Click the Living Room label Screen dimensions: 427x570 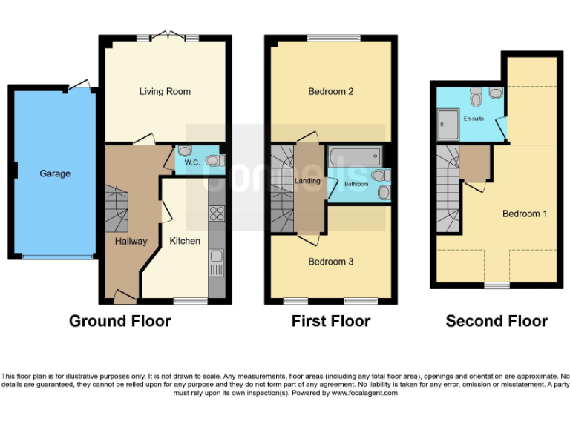click(x=165, y=92)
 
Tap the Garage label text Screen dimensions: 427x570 click(x=55, y=173)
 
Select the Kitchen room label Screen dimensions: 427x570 click(x=185, y=241)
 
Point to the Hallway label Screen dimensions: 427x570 click(x=131, y=241)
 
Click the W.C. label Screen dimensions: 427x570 click(x=191, y=162)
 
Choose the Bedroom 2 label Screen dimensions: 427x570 click(x=331, y=92)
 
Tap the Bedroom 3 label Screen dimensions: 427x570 click(x=331, y=262)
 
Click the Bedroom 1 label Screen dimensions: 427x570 click(x=525, y=213)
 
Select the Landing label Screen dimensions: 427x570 click(x=308, y=181)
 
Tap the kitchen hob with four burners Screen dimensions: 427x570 click(x=217, y=213)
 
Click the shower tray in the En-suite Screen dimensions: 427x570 click(x=449, y=123)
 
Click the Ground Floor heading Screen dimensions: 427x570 click(x=119, y=321)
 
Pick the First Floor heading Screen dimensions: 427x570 click(x=330, y=321)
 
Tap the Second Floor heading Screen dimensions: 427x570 click(x=497, y=321)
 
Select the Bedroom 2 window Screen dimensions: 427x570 click(x=331, y=39)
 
